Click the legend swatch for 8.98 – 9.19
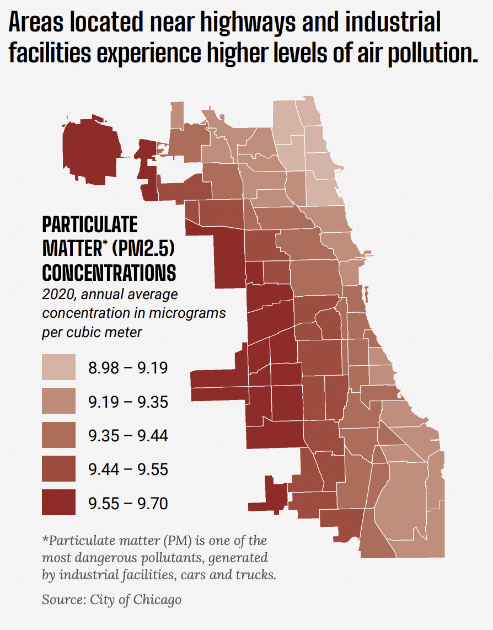pyautogui.click(x=58, y=367)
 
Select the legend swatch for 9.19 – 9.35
pyautogui.click(x=58, y=401)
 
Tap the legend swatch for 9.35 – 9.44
pyautogui.click(x=58, y=435)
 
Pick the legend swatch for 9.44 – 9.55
pyautogui.click(x=58, y=468)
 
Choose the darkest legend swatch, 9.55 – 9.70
pyautogui.click(x=58, y=502)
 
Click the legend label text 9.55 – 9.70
pyautogui.click(x=128, y=504)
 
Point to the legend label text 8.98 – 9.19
pyautogui.click(x=128, y=367)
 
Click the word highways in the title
pyautogui.click(x=248, y=23)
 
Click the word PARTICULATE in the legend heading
pyautogui.click(x=90, y=225)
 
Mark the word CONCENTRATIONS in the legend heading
pyautogui.click(x=109, y=273)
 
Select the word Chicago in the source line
pyautogui.click(x=157, y=600)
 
